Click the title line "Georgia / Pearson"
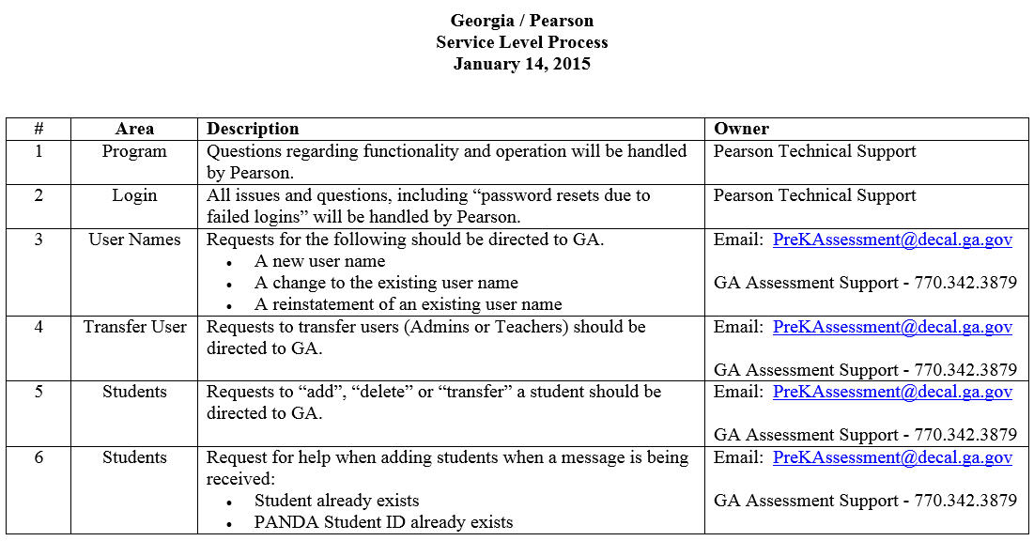[x=521, y=21]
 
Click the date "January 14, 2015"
[x=521, y=64]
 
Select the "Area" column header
[x=134, y=129]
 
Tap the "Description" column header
[x=253, y=129]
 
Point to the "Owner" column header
[x=741, y=129]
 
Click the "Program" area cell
[x=134, y=151]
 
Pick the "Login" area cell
[x=134, y=195]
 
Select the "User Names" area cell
[x=134, y=240]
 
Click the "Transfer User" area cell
[x=134, y=327]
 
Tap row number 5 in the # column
[x=39, y=392]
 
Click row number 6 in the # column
[x=39, y=457]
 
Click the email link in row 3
[x=892, y=240]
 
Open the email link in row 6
[x=892, y=457]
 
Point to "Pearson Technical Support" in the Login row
[x=814, y=195]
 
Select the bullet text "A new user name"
[x=319, y=261]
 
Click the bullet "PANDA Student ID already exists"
[x=383, y=522]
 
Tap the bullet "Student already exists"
[x=336, y=501]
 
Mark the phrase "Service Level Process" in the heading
[x=521, y=42]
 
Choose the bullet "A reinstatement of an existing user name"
[x=408, y=304]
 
